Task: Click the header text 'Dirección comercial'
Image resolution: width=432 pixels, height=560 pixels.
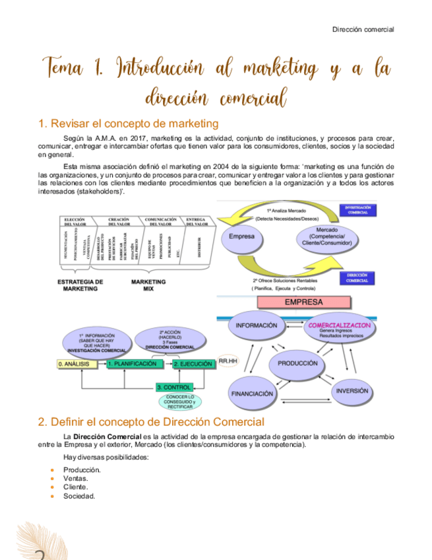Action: click(x=363, y=30)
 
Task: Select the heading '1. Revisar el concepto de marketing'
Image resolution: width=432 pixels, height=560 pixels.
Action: click(x=129, y=123)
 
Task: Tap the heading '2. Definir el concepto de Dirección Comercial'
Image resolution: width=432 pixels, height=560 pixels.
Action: click(x=151, y=421)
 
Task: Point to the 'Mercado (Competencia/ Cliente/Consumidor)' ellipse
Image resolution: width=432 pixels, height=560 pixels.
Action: click(x=326, y=237)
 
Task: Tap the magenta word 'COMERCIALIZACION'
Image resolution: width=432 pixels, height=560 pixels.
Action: click(x=339, y=326)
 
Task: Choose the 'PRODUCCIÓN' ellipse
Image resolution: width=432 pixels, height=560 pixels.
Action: click(x=297, y=363)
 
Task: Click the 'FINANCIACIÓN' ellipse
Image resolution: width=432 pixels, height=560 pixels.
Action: click(x=251, y=393)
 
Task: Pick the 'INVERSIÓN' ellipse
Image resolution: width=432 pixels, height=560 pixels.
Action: click(x=352, y=390)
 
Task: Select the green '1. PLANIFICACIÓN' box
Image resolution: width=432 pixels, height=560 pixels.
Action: click(x=133, y=364)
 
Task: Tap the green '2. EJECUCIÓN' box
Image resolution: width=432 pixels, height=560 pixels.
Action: click(x=193, y=364)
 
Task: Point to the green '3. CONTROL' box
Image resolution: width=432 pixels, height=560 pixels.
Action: click(x=174, y=387)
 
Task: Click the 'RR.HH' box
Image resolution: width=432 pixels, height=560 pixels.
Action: click(x=228, y=362)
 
